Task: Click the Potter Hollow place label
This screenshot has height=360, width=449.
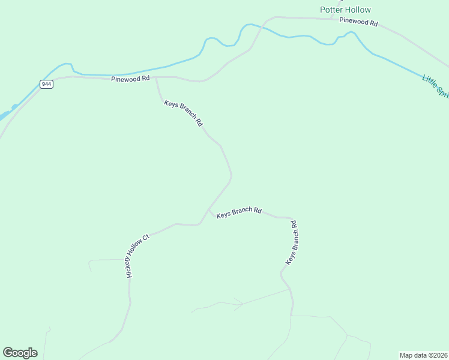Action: (x=345, y=10)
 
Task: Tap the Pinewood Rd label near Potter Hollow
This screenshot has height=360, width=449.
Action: (x=358, y=22)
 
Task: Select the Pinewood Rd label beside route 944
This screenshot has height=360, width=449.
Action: (x=130, y=79)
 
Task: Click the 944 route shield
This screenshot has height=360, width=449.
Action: (x=47, y=84)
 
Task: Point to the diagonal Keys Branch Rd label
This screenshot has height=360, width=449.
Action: (x=183, y=113)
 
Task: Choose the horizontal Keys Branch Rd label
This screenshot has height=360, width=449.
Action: (x=239, y=212)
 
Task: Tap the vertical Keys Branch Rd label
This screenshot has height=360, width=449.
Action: (x=291, y=243)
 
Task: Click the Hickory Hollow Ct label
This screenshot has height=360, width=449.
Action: (x=137, y=255)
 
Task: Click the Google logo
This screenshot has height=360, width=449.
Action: (x=20, y=353)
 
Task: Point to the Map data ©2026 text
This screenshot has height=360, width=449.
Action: (x=424, y=355)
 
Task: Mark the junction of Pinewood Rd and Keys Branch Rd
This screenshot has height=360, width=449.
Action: (x=157, y=77)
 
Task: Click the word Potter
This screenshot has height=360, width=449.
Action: (x=331, y=10)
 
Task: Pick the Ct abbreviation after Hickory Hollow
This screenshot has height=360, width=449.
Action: (x=145, y=237)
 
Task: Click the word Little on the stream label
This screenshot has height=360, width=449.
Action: (x=430, y=80)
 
